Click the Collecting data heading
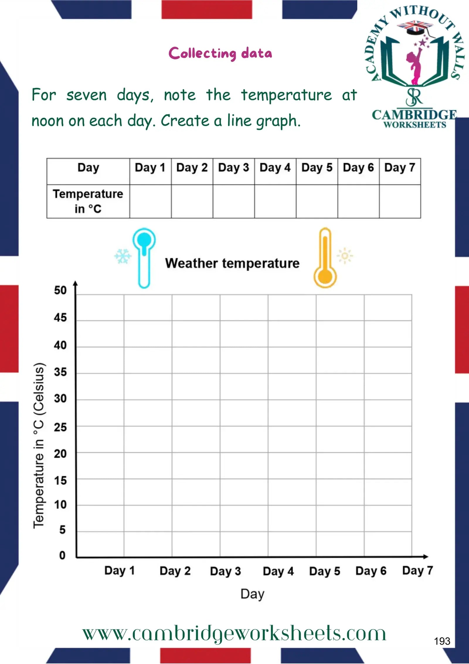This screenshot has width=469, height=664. click(x=220, y=53)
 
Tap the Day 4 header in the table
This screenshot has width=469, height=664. click(x=275, y=168)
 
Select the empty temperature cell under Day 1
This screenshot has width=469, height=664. click(x=150, y=201)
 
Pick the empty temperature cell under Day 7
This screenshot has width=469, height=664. click(x=400, y=201)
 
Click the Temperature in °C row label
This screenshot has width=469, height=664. click(x=88, y=201)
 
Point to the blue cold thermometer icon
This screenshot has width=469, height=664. click(x=144, y=258)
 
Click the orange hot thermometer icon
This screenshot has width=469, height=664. click(x=325, y=258)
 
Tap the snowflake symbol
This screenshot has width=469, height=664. click(x=123, y=256)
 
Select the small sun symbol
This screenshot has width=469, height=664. click(x=345, y=256)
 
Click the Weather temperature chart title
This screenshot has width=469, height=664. click(x=232, y=263)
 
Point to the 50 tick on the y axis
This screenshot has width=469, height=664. click(x=60, y=290)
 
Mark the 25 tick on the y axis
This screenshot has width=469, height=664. click(x=60, y=427)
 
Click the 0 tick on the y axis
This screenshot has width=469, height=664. click(x=62, y=555)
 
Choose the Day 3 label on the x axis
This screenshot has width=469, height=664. click(x=225, y=571)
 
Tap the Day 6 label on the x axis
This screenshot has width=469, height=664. click(x=371, y=571)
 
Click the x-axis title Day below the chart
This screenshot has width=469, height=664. click(x=252, y=594)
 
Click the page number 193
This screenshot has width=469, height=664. click(x=442, y=641)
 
